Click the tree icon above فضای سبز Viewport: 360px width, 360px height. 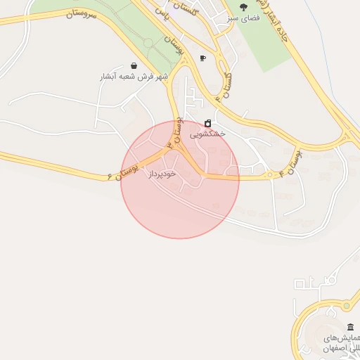click(x=243, y=7)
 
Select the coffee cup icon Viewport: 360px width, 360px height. click(x=203, y=58)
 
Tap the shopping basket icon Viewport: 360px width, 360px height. click(x=134, y=65)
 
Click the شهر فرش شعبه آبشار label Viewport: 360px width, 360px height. click(x=134, y=75)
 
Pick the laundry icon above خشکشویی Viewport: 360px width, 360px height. click(x=207, y=123)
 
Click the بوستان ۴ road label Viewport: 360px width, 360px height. click(x=291, y=162)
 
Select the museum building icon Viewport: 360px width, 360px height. click(x=351, y=327)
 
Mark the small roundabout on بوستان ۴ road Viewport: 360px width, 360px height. click(x=270, y=174)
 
